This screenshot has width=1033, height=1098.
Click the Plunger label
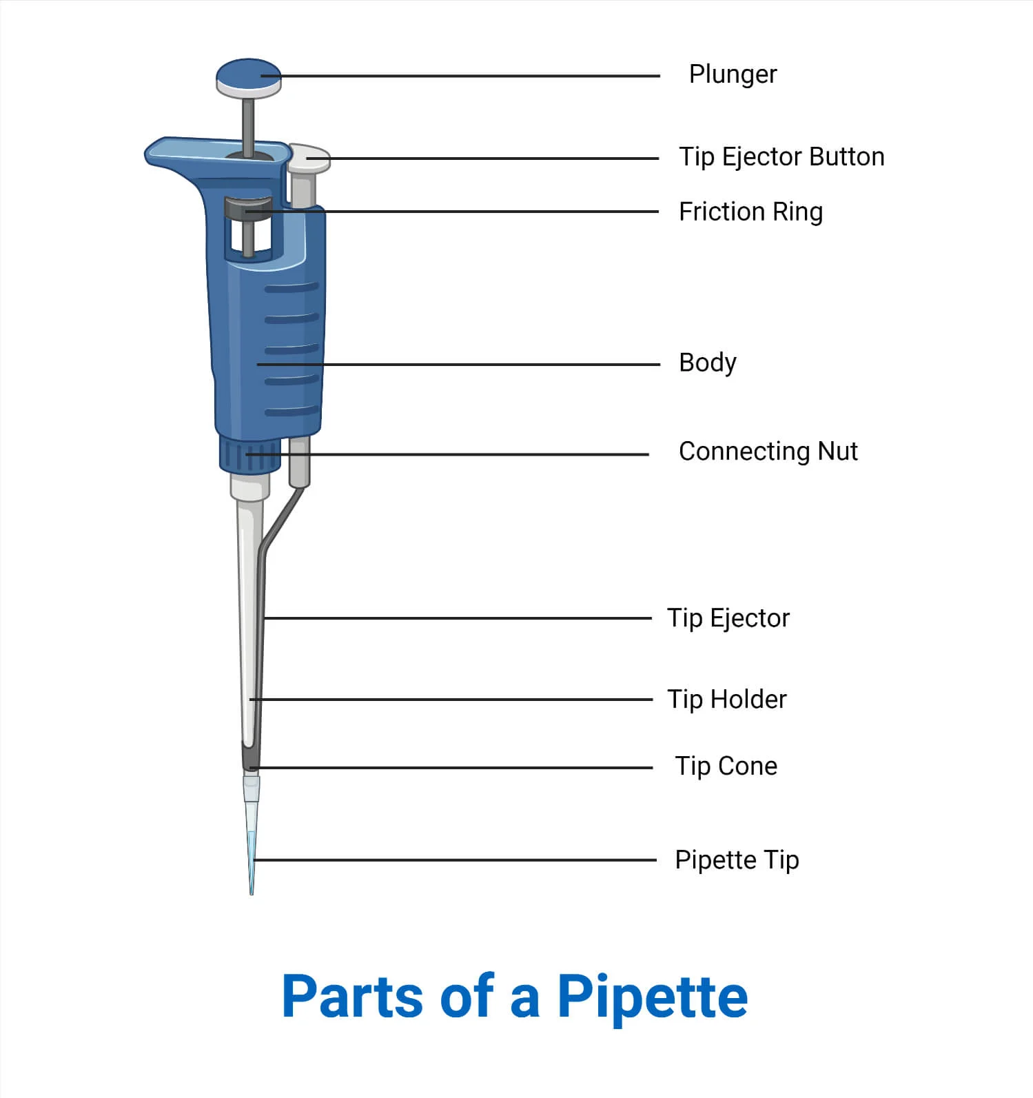coord(733,74)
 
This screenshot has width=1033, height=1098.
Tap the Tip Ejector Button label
coord(781,157)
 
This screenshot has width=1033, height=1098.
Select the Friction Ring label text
coord(750,212)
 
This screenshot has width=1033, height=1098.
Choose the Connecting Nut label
coord(768,451)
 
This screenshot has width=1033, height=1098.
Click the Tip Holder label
coord(726,700)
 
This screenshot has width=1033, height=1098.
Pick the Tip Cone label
coord(726,766)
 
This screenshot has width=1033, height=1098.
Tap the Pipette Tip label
coord(737,860)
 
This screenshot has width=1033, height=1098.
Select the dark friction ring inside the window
coord(247,209)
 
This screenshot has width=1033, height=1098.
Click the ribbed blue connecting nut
coord(249,455)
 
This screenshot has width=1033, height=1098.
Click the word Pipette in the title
coord(652,997)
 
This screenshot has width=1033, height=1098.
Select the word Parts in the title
coord(353,997)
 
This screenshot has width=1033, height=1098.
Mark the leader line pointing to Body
coord(458,364)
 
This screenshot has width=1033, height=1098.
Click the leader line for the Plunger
coord(460,76)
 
